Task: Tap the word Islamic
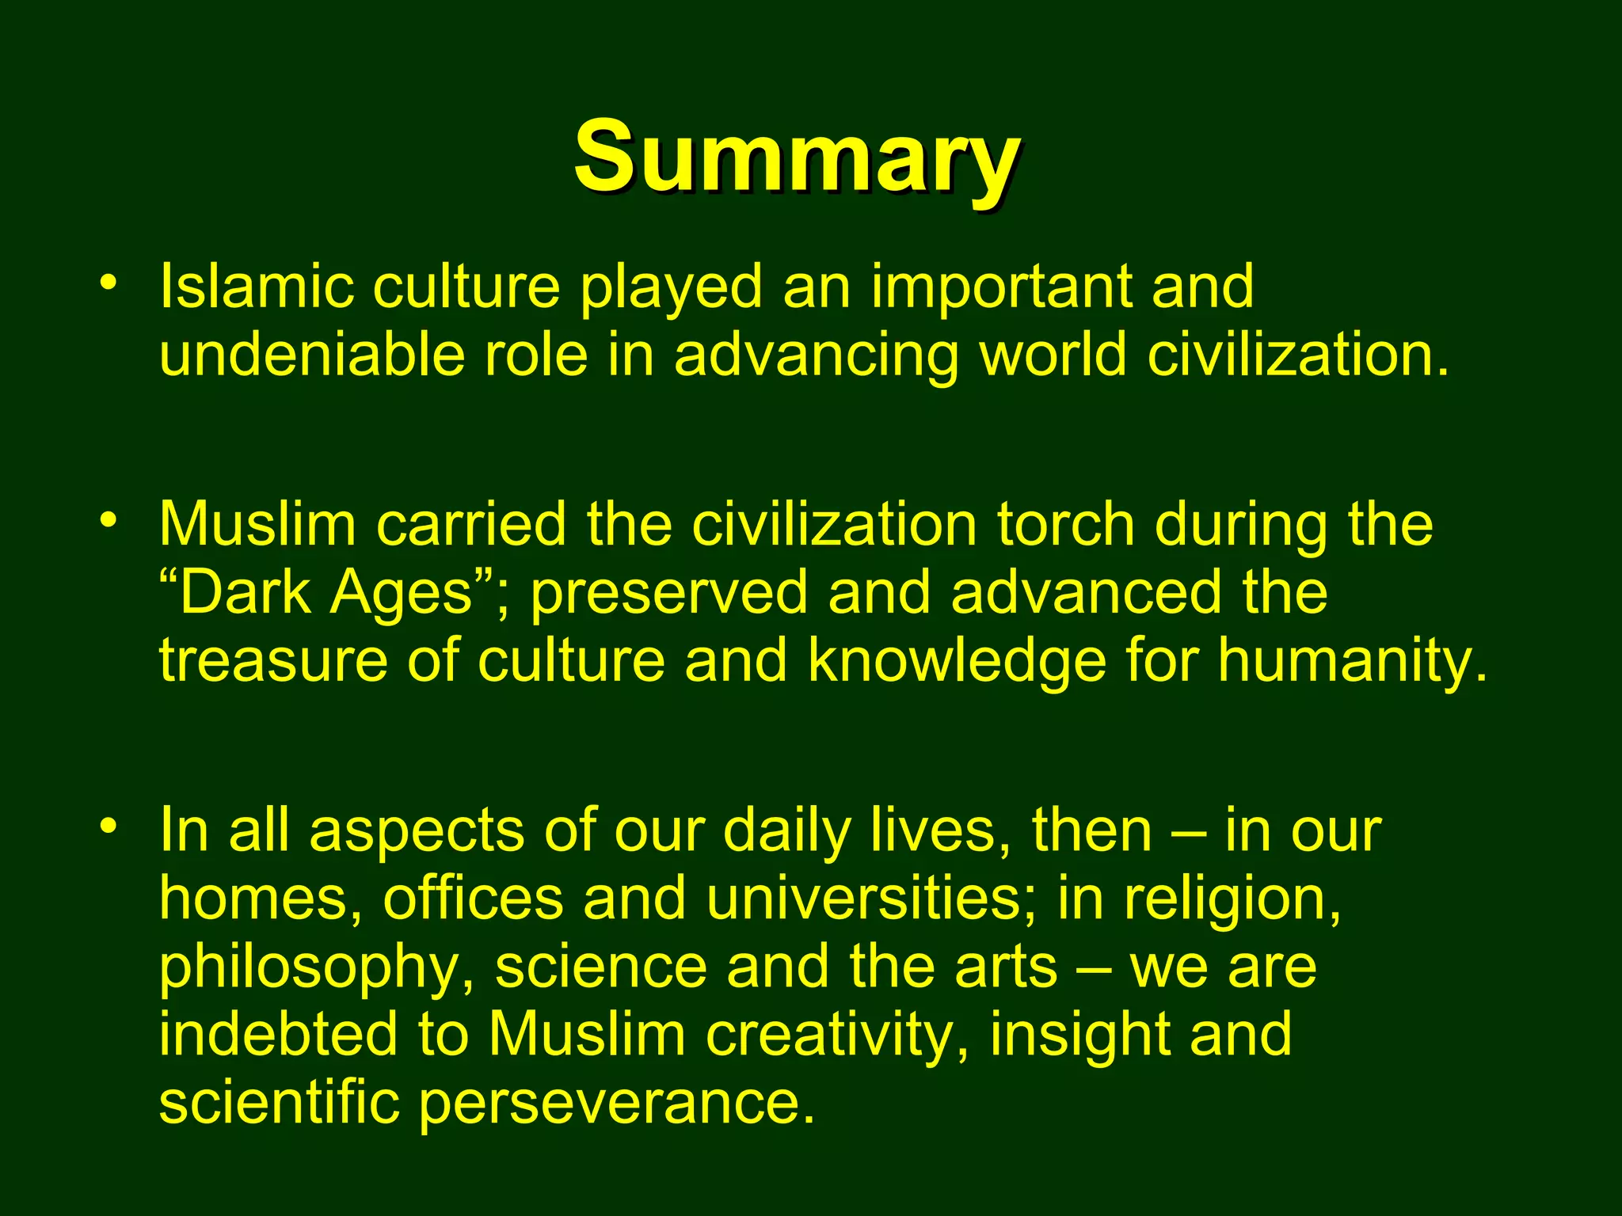click(257, 286)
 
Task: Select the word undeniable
click(312, 355)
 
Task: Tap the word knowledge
click(957, 662)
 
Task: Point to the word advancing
click(816, 356)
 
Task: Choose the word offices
click(474, 899)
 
